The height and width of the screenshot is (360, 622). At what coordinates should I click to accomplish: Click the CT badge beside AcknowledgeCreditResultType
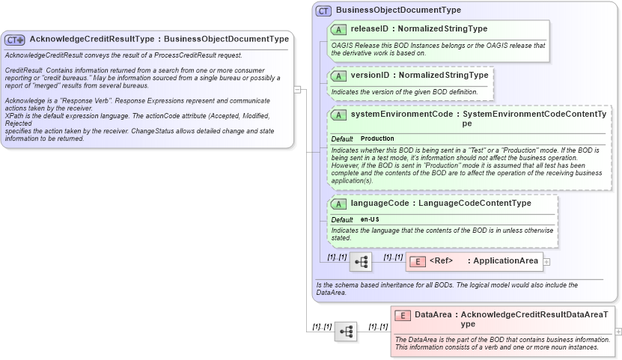15,40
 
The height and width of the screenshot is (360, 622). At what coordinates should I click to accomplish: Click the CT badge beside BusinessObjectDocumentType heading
323,10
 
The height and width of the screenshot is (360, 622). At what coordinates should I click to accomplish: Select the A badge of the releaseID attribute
338,29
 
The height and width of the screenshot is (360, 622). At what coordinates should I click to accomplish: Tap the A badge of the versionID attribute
338,76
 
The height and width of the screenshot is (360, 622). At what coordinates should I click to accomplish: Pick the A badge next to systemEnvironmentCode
338,115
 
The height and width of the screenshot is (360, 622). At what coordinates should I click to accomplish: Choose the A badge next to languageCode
338,204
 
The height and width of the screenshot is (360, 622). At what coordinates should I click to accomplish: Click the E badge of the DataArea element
402,315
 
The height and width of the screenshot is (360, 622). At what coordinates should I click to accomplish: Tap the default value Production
377,139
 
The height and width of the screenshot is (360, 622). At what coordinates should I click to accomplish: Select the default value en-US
370,219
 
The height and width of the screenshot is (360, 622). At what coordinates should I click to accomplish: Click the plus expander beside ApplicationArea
546,262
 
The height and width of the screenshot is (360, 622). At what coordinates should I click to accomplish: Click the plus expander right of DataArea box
618,331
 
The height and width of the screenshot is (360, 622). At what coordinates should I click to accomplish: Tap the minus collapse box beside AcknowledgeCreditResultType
297,90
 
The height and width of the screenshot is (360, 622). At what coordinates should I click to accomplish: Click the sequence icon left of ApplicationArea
361,262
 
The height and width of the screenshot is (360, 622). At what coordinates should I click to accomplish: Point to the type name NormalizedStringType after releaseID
442,29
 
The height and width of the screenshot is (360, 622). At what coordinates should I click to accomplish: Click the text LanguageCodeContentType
475,204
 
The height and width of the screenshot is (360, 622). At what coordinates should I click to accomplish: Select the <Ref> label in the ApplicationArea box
441,261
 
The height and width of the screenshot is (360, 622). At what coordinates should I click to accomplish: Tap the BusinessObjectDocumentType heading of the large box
398,10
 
